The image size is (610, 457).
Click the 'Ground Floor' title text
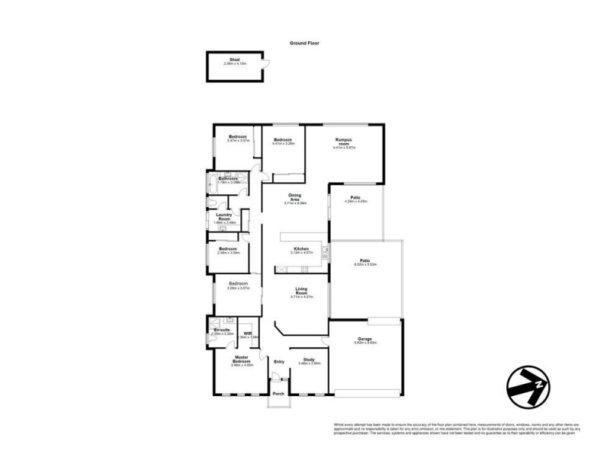[304, 43]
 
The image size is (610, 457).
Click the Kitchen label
[300, 251]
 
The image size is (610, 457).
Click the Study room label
[308, 361]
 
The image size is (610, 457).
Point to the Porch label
[278, 394]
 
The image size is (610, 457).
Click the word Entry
[279, 361]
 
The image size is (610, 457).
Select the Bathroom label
[229, 180]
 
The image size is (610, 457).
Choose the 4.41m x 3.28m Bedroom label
[284, 141]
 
